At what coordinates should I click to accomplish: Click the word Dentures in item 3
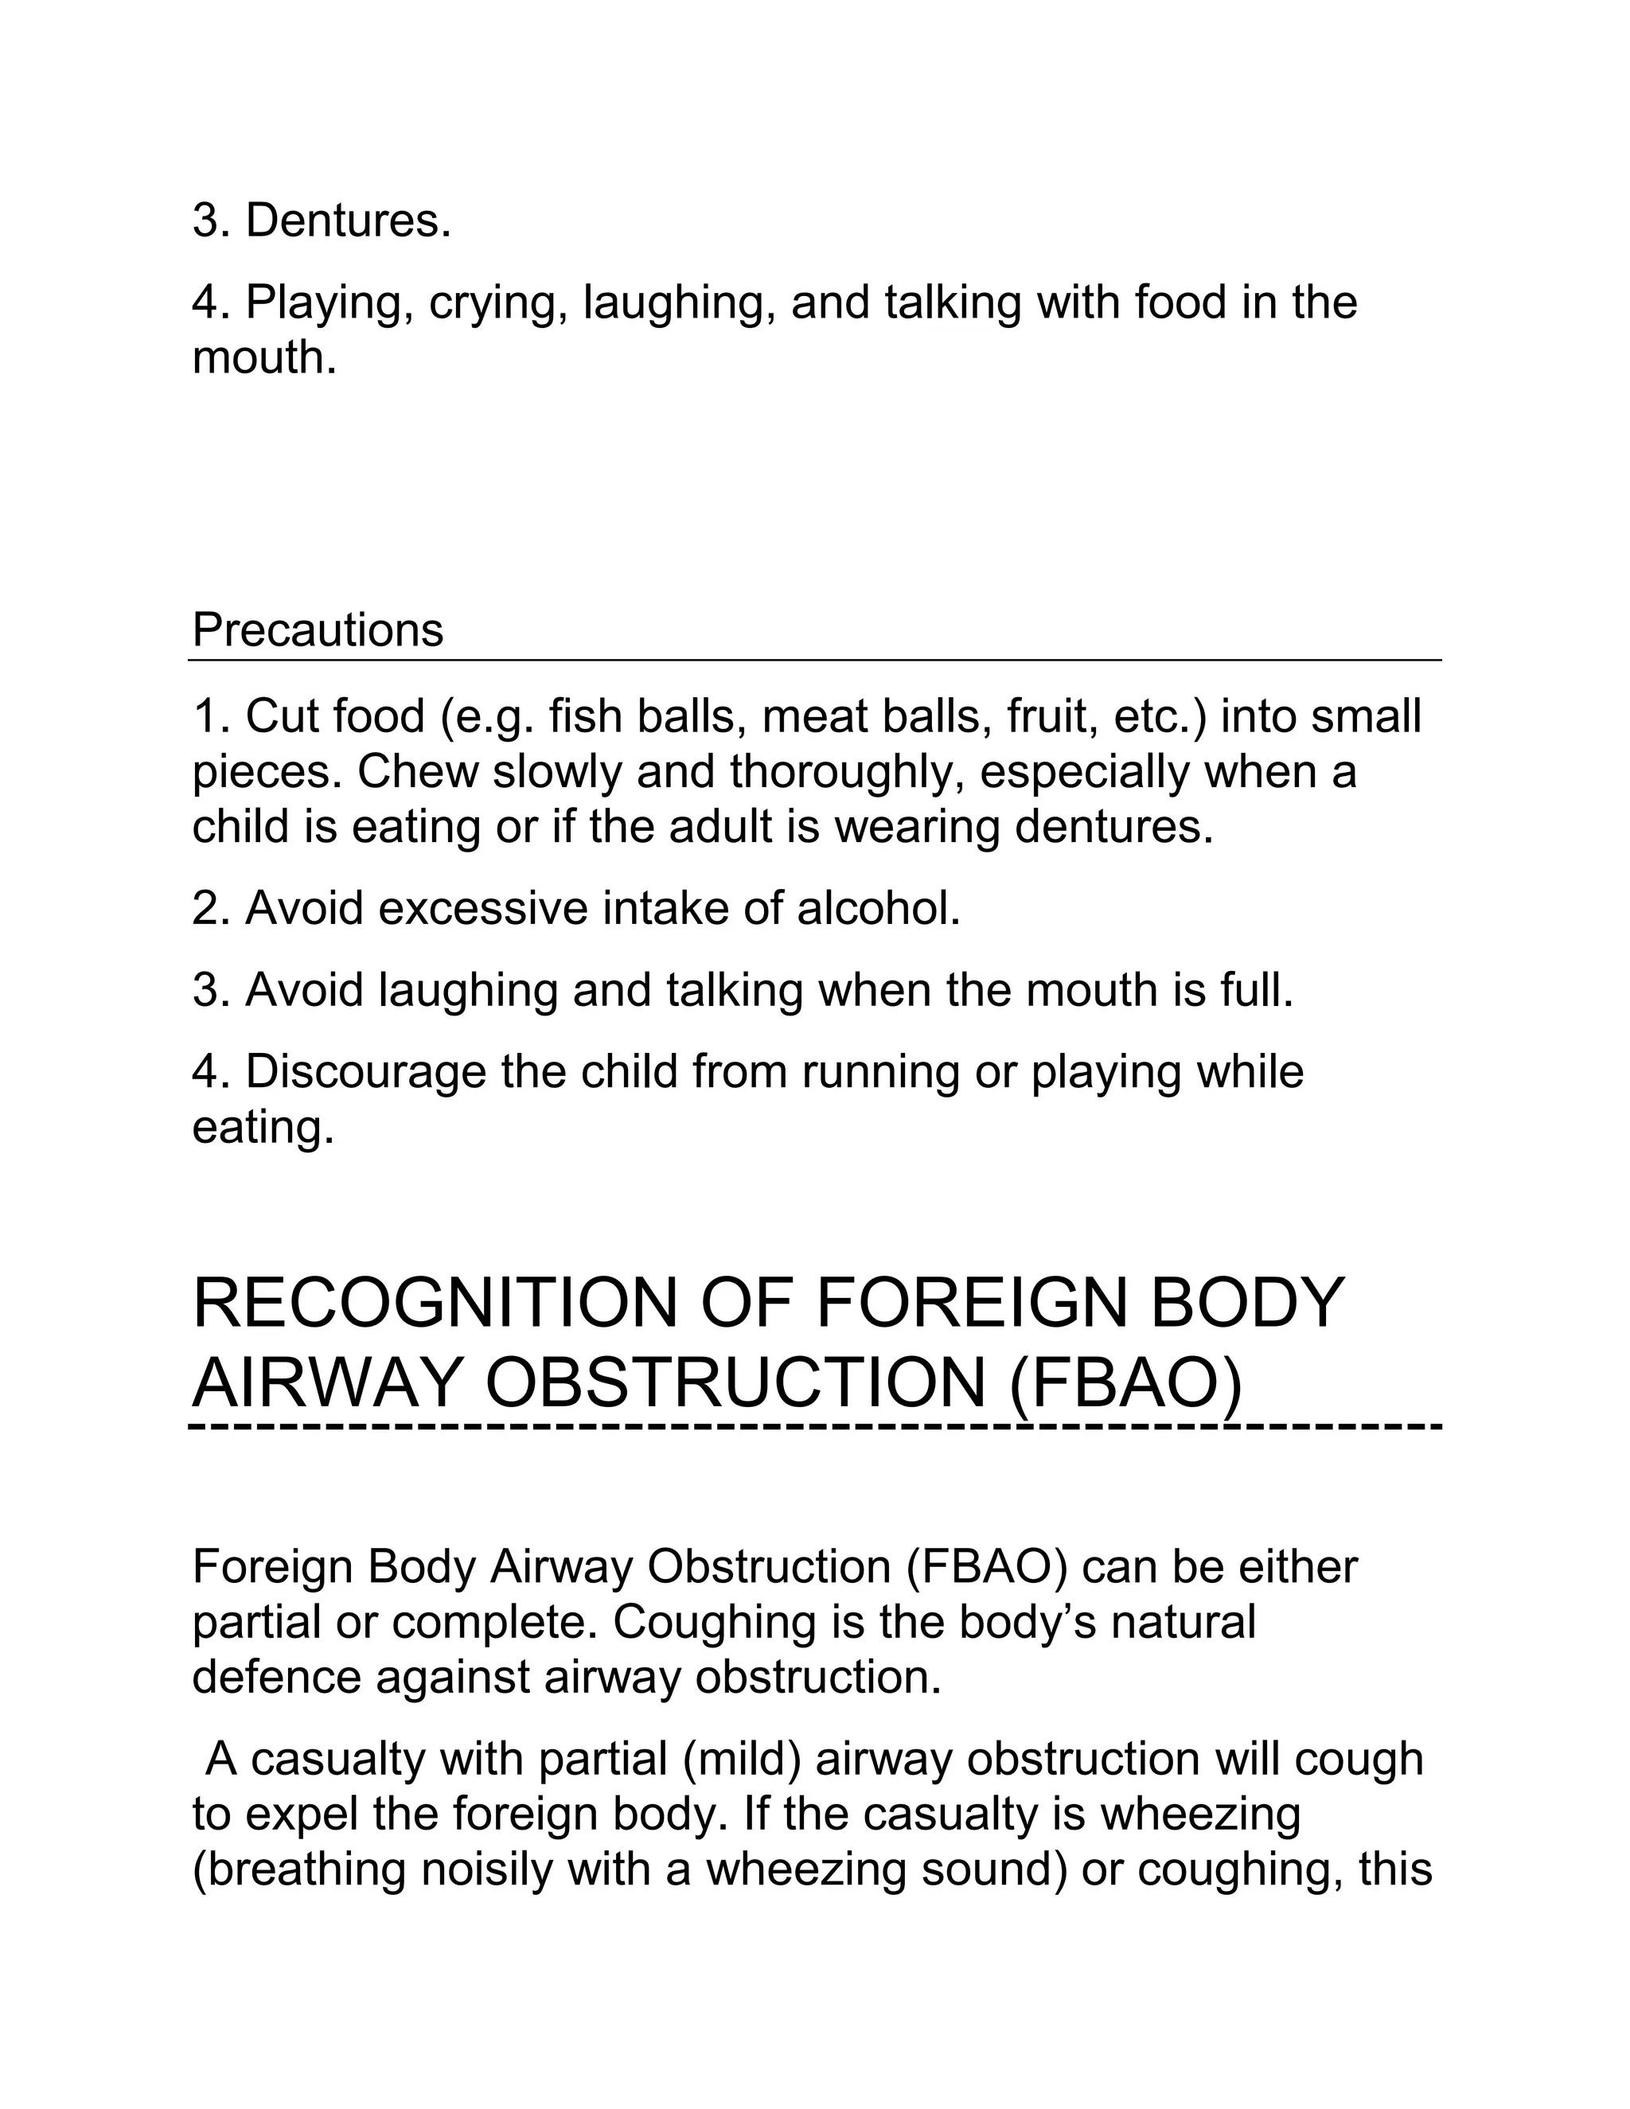(348, 221)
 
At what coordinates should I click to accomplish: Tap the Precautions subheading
(318, 630)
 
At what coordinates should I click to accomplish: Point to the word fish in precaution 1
(583, 716)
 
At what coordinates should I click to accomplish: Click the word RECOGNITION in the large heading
(435, 1304)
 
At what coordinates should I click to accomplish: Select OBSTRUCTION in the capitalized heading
(734, 1383)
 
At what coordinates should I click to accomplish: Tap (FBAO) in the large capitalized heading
(1124, 1383)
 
